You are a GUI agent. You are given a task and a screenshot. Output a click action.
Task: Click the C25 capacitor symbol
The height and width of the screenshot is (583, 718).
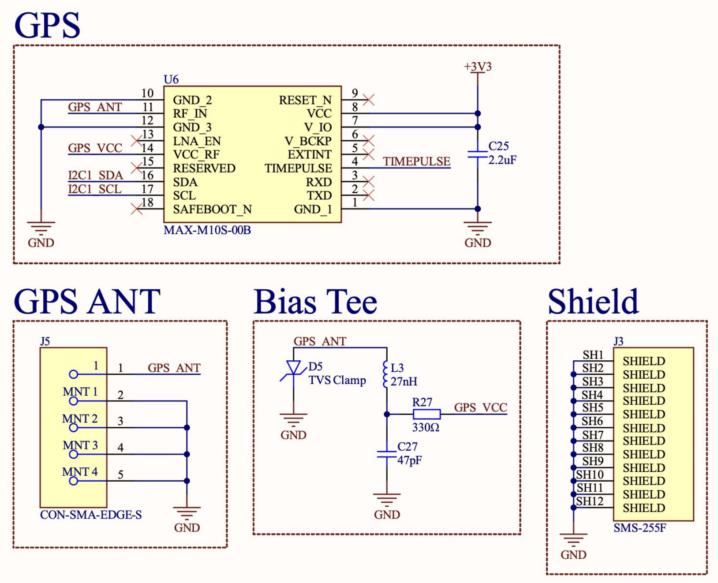[477, 154]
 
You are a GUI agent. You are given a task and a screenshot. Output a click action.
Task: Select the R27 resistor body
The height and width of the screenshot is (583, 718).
[426, 414]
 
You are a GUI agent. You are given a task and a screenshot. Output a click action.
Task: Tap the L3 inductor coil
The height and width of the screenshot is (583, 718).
[386, 374]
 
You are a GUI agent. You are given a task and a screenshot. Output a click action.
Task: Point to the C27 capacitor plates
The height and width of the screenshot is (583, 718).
[387, 454]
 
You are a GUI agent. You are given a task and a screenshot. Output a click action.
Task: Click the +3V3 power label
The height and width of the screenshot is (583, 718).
[478, 67]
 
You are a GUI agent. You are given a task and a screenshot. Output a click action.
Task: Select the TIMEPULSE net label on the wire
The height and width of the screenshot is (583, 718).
[417, 161]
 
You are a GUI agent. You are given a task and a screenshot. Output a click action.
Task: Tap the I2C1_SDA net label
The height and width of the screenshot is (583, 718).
[95, 175]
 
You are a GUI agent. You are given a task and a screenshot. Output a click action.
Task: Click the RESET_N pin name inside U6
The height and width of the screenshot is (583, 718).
[305, 100]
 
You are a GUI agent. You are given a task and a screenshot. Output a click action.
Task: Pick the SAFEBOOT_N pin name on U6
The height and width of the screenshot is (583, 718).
[213, 209]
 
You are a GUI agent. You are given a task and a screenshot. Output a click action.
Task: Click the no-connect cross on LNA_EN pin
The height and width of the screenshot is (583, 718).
[137, 141]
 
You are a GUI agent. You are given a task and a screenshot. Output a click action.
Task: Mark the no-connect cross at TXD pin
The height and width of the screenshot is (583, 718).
[368, 195]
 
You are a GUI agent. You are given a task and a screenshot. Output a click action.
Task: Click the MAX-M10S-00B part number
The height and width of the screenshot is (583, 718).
[207, 230]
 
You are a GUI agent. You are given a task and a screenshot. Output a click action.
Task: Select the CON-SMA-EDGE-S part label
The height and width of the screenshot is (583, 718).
[91, 515]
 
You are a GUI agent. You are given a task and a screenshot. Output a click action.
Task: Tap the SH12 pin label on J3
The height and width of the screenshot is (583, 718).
[590, 501]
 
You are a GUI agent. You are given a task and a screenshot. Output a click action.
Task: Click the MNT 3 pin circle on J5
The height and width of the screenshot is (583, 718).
[73, 454]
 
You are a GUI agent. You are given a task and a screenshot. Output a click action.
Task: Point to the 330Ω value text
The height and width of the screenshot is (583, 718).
[426, 427]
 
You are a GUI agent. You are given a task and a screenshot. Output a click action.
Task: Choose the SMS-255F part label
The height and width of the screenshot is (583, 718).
[639, 528]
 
